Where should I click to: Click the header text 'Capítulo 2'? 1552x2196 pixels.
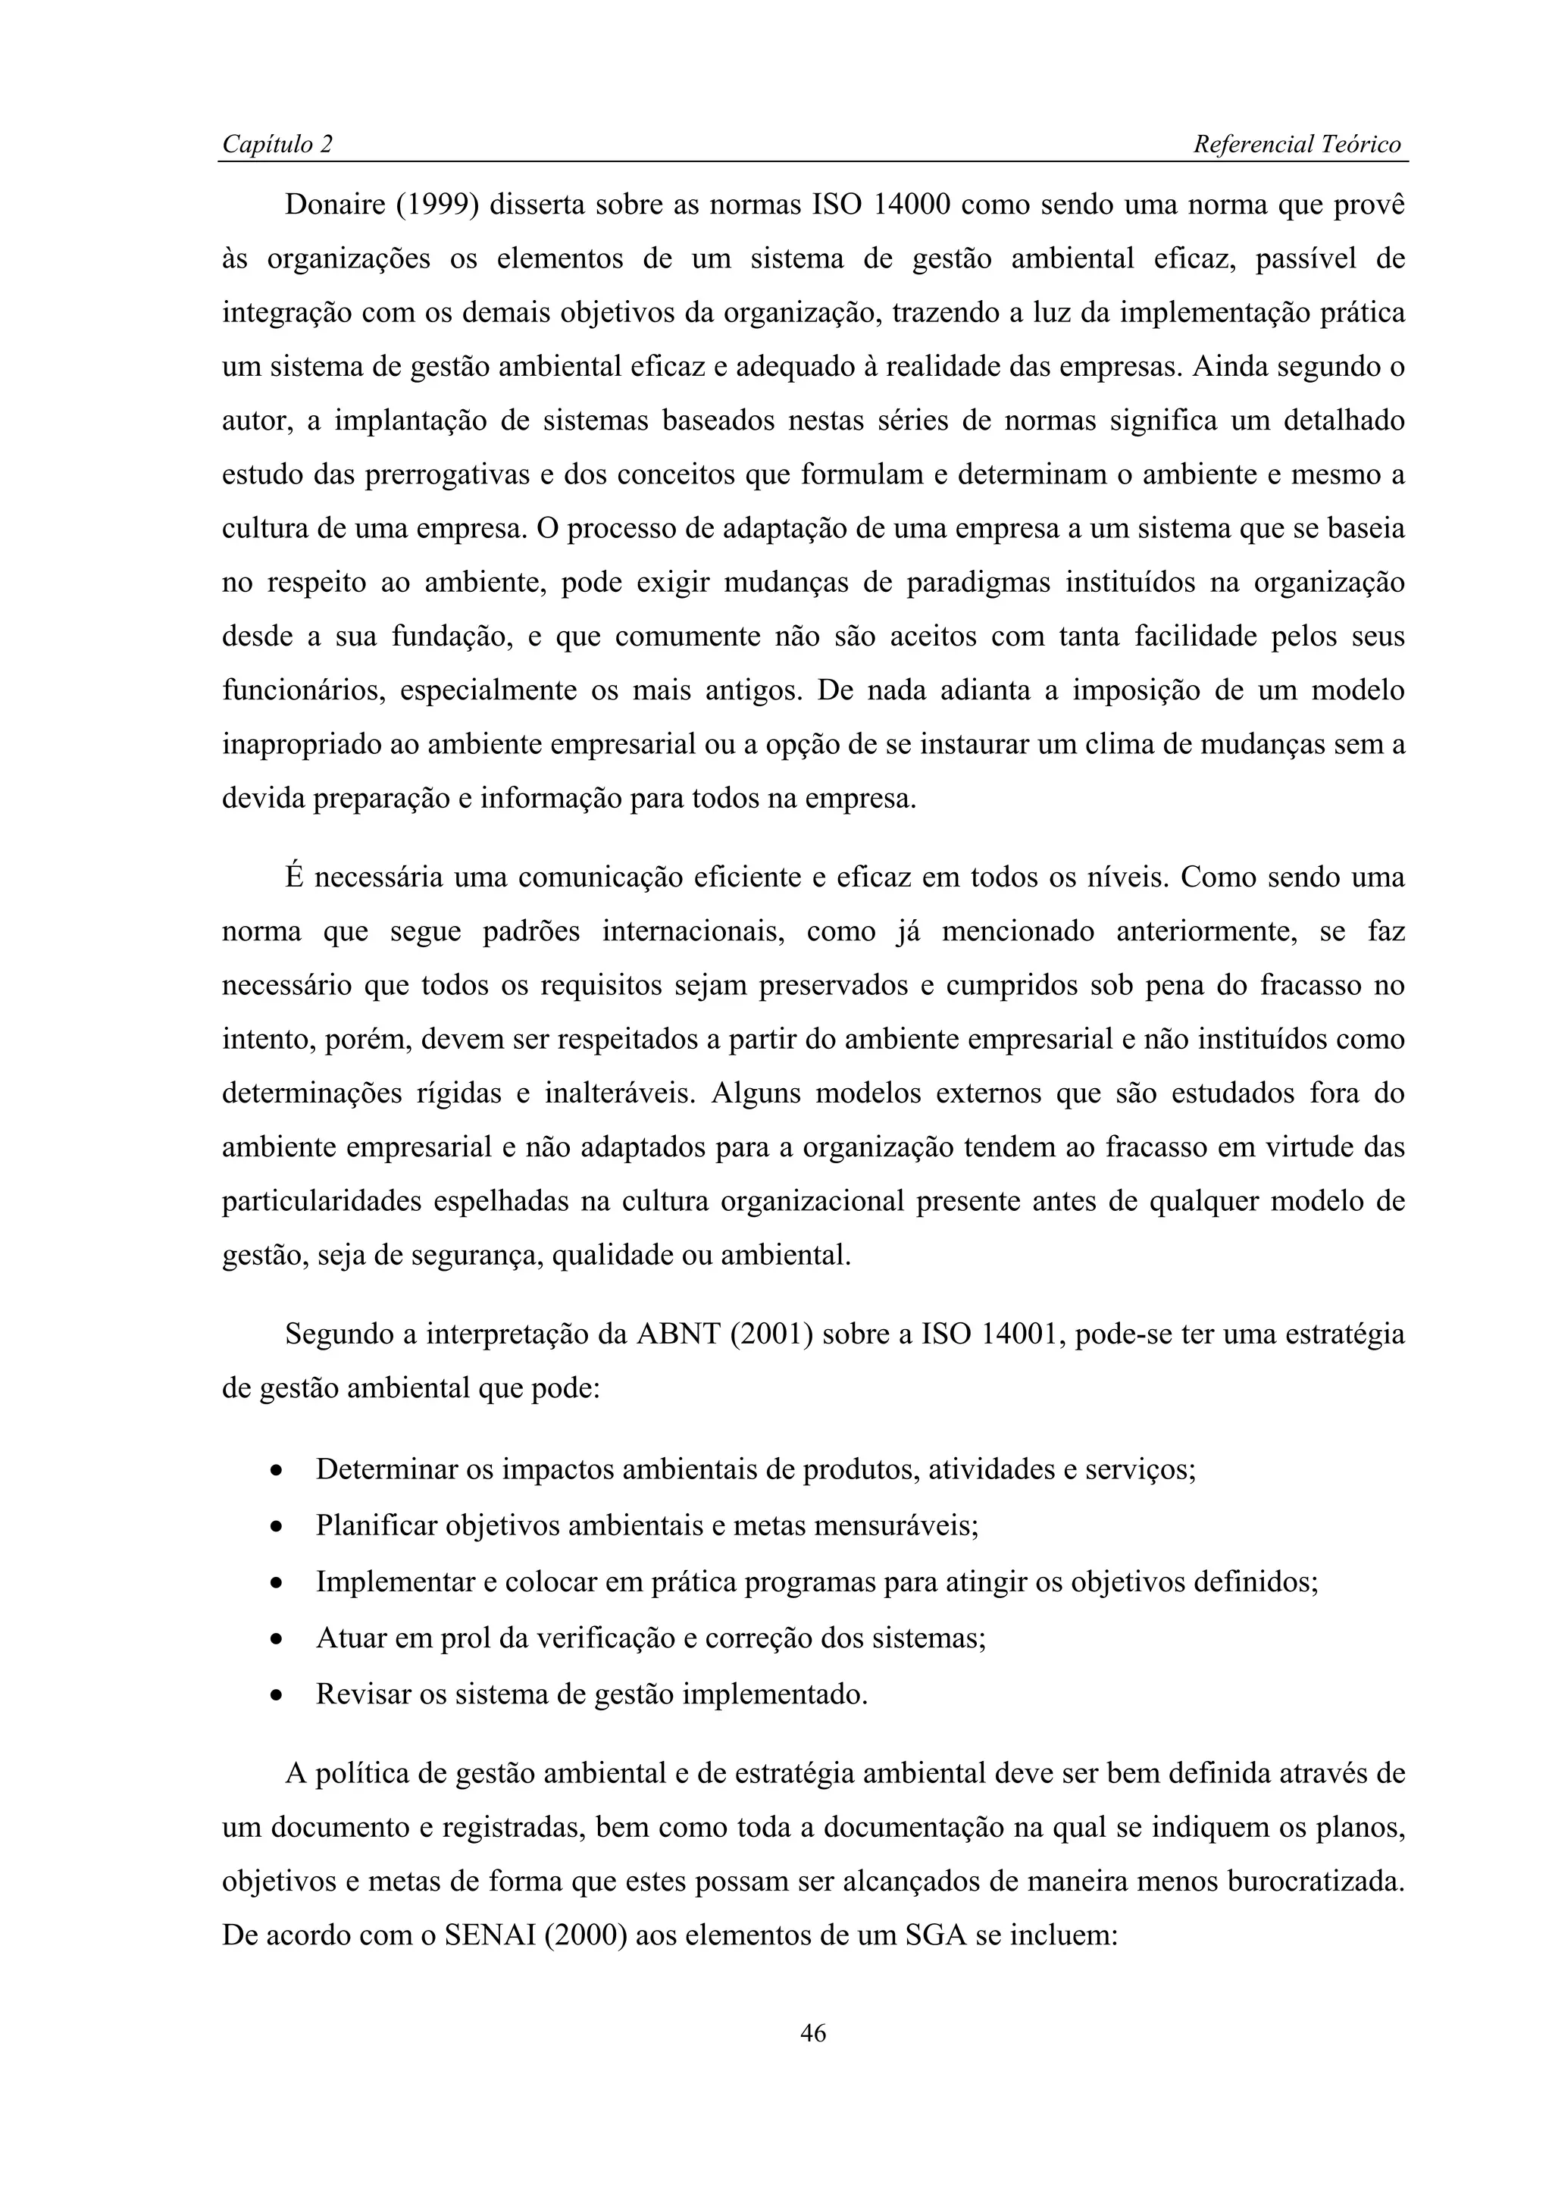point(277,145)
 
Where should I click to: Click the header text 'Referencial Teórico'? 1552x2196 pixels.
point(1297,145)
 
